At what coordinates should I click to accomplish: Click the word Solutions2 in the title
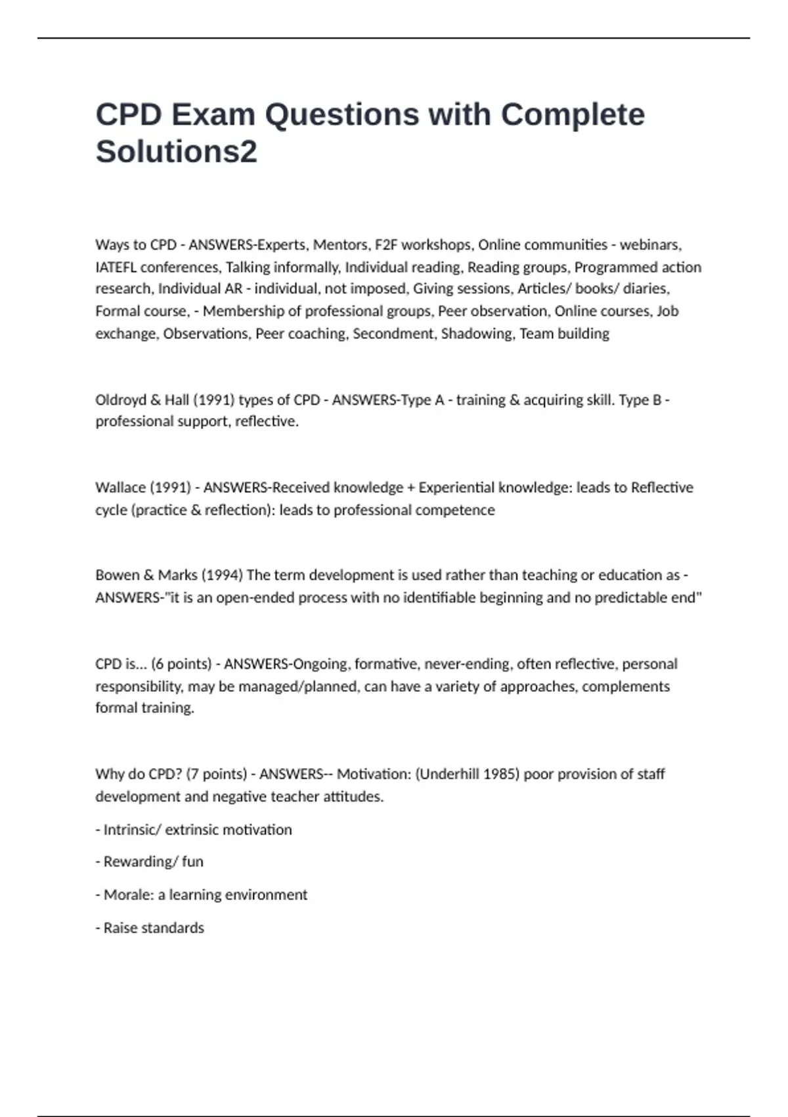pos(176,151)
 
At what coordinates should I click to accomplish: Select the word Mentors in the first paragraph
pos(341,245)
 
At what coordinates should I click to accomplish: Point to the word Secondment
pos(393,334)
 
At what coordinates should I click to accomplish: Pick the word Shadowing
pos(477,334)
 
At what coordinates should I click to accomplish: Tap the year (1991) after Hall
pos(213,400)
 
